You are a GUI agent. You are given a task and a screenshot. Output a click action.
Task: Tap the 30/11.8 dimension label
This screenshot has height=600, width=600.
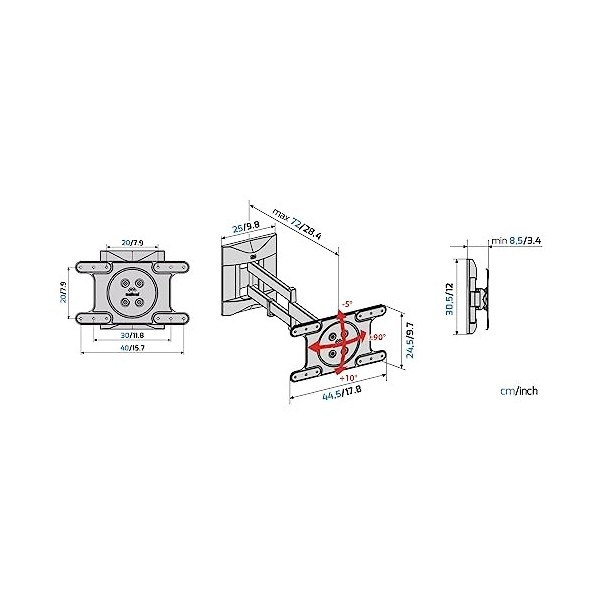(130, 335)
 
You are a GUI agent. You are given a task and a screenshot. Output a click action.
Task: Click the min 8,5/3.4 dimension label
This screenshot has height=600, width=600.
(517, 241)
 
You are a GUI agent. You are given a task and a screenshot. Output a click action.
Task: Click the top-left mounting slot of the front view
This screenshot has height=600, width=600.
(91, 268)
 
